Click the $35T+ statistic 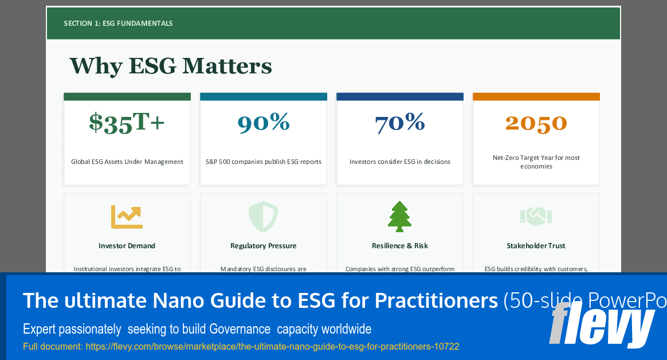coord(127,123)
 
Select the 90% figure coord(264,122)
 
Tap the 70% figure coord(400,122)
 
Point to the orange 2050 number coord(536,123)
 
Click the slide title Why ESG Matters coord(171,66)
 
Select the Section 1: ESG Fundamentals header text coord(119,24)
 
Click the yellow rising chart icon coord(127,217)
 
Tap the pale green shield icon coord(263,217)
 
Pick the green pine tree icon coord(399,217)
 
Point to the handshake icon coord(536,217)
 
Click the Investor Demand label coord(127,246)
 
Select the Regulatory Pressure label coord(263,246)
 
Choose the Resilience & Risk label coord(399,246)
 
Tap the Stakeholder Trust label coord(536,246)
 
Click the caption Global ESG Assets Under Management coord(127,162)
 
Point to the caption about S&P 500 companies coord(263,162)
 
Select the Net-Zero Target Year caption coord(536,162)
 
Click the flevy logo coord(602,326)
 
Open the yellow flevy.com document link coord(241,347)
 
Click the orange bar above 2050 coord(536,97)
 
